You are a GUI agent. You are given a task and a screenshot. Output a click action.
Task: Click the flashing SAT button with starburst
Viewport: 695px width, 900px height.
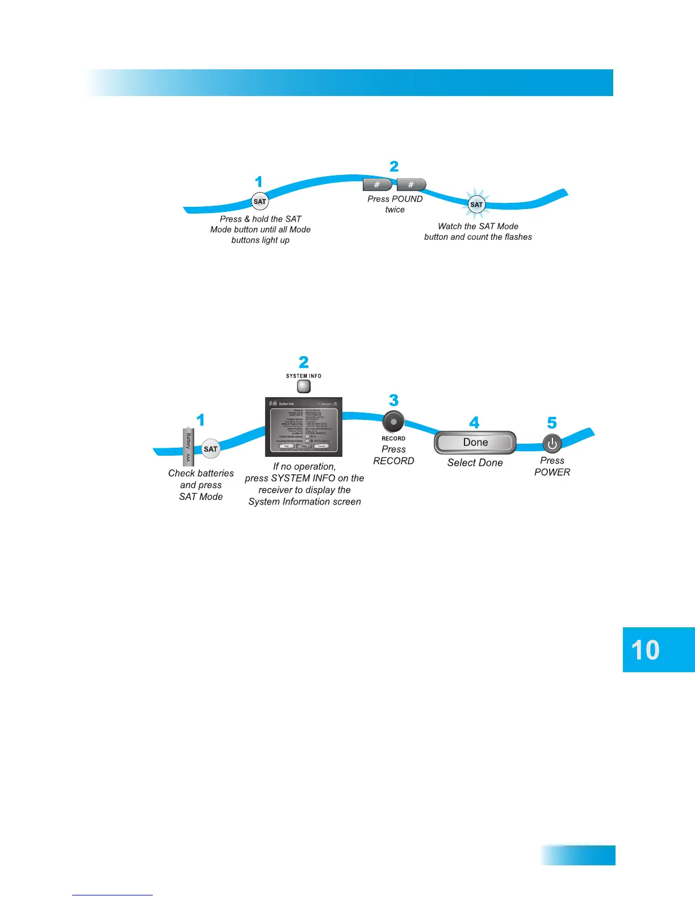pos(476,205)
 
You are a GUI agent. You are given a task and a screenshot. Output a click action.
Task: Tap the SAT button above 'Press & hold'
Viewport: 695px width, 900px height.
pos(259,201)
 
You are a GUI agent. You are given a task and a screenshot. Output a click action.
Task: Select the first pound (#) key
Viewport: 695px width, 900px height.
pos(377,185)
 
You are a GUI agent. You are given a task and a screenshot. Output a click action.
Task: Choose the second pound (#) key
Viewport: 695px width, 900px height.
pos(411,185)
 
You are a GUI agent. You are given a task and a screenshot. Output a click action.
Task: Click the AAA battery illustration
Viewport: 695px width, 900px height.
pos(189,447)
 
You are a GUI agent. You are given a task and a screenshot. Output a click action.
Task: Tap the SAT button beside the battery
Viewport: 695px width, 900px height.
pos(211,449)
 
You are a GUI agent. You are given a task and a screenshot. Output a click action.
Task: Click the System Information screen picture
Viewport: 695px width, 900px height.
pos(304,427)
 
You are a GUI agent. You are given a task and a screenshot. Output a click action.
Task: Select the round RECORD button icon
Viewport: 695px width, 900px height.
pos(393,422)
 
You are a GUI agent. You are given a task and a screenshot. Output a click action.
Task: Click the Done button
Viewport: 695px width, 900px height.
pos(475,443)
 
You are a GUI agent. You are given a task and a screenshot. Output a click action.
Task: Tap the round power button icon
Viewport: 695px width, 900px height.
pos(552,444)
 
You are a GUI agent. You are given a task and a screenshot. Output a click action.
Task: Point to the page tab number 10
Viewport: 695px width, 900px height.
pos(646,650)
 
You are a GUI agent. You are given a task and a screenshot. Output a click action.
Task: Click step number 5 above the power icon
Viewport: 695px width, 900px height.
pos(552,423)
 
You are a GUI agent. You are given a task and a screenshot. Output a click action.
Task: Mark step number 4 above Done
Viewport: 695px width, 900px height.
pos(474,423)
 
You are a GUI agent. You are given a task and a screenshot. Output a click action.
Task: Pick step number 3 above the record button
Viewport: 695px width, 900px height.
pos(393,401)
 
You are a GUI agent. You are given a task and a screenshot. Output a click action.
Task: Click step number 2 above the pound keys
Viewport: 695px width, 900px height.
pos(394,166)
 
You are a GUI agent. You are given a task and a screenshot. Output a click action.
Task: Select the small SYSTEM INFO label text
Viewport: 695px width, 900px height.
pos(304,376)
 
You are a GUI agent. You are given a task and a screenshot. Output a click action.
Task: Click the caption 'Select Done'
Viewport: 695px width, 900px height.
pos(475,463)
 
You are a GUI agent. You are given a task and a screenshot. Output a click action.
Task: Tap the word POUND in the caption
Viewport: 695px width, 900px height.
pos(407,199)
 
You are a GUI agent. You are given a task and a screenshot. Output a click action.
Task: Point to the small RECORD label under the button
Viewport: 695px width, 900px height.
pos(393,439)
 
